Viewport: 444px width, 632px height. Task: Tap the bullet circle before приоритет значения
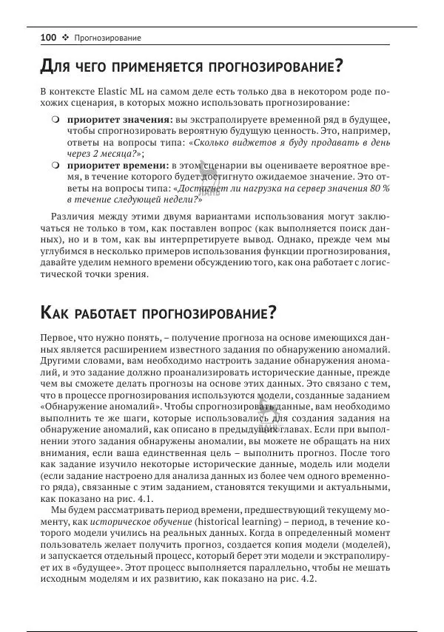pos(55,120)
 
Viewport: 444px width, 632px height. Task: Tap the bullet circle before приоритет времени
pos(55,166)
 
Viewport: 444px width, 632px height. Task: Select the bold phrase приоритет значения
pos(121,120)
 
